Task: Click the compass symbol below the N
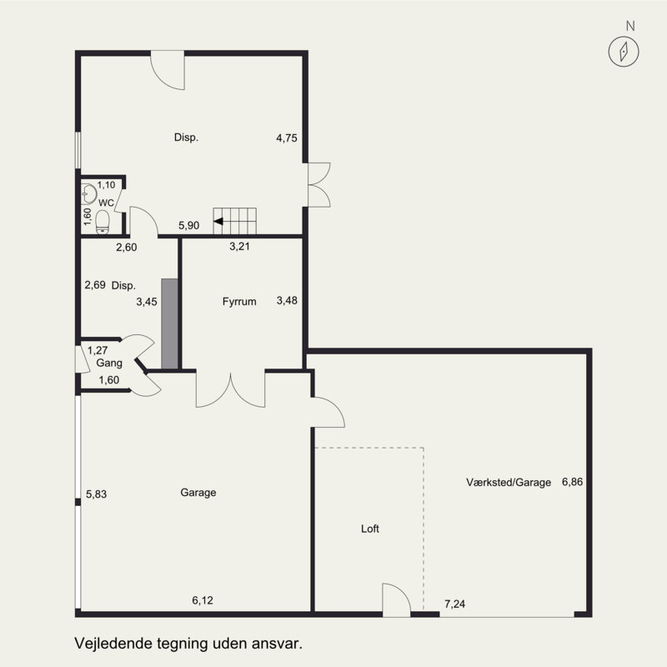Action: click(624, 52)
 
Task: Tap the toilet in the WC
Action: click(103, 223)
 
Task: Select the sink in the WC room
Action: click(89, 194)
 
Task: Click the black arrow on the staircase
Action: click(218, 221)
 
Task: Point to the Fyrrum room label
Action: click(239, 302)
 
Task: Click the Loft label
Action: click(369, 529)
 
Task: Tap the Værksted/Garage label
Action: click(509, 483)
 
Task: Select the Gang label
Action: click(109, 363)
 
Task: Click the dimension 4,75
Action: click(287, 138)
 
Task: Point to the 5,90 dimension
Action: click(189, 225)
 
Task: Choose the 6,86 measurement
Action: click(573, 482)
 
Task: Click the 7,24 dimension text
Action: click(454, 604)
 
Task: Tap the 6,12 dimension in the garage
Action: click(203, 600)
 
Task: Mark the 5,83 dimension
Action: click(96, 494)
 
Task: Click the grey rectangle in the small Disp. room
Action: click(169, 323)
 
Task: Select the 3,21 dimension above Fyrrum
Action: click(239, 246)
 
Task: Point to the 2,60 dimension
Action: click(127, 247)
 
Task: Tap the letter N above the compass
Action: click(630, 26)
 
